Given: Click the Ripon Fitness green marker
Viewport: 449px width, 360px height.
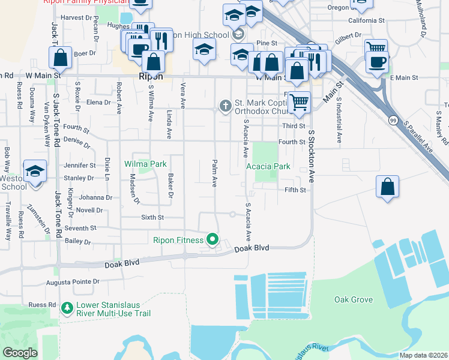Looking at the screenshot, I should tap(212, 240).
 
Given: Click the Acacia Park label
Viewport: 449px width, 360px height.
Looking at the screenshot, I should tap(268, 166).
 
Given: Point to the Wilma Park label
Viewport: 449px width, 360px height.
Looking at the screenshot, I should tap(145, 163).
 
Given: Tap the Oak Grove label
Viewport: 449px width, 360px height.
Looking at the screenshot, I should tap(354, 299).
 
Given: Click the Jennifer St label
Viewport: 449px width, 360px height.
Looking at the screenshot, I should tap(80, 165).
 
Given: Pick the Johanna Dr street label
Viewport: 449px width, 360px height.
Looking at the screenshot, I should tap(91, 197).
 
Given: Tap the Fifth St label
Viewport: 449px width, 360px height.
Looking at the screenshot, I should tap(295, 190).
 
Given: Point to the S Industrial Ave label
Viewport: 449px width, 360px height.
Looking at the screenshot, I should tap(339, 119).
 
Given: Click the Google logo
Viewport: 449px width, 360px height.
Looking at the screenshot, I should tap(20, 352).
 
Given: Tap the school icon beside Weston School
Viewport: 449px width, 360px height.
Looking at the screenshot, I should tap(35, 172).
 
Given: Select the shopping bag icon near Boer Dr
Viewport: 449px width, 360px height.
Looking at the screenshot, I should tap(60, 58).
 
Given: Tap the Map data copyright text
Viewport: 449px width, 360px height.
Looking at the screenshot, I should tap(423, 355).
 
